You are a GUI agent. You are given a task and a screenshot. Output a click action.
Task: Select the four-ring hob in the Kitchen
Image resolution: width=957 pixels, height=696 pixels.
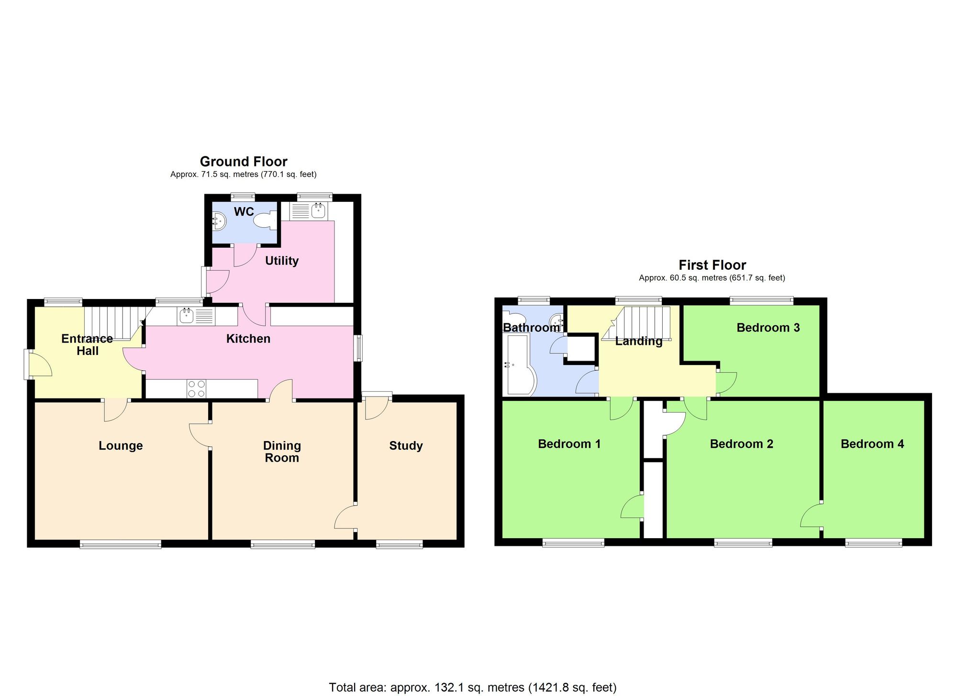pyautogui.click(x=196, y=388)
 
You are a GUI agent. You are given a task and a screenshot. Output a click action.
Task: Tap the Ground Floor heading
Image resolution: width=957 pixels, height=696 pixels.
pyautogui.click(x=244, y=162)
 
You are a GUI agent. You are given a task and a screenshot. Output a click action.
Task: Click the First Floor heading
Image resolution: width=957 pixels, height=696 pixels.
pyautogui.click(x=712, y=265)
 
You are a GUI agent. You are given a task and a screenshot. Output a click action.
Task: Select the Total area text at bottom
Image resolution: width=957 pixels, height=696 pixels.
pyautogui.click(x=472, y=687)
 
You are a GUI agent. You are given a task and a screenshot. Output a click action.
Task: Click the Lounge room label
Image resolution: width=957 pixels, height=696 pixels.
pyautogui.click(x=121, y=446)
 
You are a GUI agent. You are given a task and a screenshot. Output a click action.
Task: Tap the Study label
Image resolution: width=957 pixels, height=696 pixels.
pyautogui.click(x=406, y=446)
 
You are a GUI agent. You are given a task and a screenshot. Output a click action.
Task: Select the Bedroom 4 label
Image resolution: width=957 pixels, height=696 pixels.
pyautogui.click(x=872, y=444)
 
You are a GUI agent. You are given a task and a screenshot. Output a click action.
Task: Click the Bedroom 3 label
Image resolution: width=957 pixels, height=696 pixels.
pyautogui.click(x=768, y=328)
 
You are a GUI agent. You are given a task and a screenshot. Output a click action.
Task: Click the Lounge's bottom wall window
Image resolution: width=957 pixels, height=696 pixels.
pyautogui.click(x=120, y=544)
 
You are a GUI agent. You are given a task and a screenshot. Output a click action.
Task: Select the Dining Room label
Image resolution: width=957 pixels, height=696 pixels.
pyautogui.click(x=282, y=452)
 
